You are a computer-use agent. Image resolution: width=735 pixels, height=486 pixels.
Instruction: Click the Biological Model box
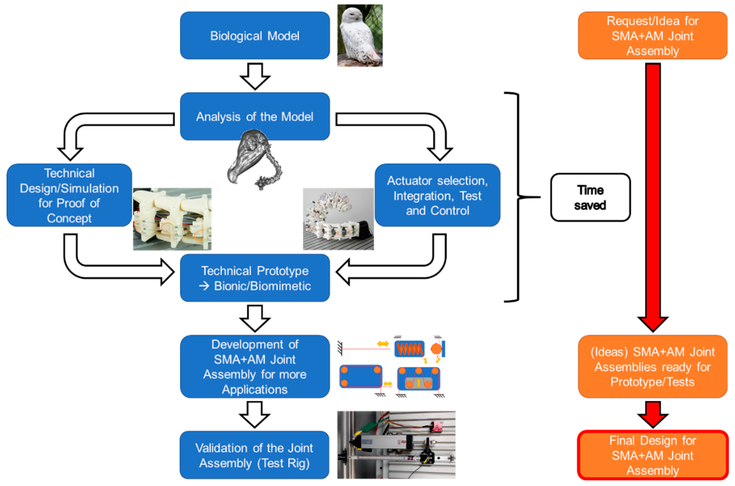[x=255, y=36]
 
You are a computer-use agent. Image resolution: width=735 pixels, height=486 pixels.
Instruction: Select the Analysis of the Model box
[x=255, y=116]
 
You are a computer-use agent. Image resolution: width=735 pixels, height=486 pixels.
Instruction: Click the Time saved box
[x=590, y=197]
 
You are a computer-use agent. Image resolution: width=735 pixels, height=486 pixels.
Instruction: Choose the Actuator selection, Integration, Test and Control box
[x=437, y=195]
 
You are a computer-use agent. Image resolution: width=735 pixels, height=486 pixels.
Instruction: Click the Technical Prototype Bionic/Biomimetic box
[x=255, y=278]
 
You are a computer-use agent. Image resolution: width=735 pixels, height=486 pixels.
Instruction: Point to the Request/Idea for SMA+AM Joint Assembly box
[x=653, y=36]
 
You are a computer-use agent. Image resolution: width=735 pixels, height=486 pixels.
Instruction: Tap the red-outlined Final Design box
[x=653, y=455]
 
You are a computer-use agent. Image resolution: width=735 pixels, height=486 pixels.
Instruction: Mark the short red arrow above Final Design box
[x=653, y=414]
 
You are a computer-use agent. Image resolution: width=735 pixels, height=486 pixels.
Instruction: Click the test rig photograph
[x=396, y=445]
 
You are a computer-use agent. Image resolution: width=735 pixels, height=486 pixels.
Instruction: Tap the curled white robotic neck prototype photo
[x=338, y=219]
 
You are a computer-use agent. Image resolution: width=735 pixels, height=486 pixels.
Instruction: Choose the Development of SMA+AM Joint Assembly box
[x=255, y=367]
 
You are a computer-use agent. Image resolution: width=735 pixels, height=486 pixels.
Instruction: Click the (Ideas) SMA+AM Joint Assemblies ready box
[x=653, y=367]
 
